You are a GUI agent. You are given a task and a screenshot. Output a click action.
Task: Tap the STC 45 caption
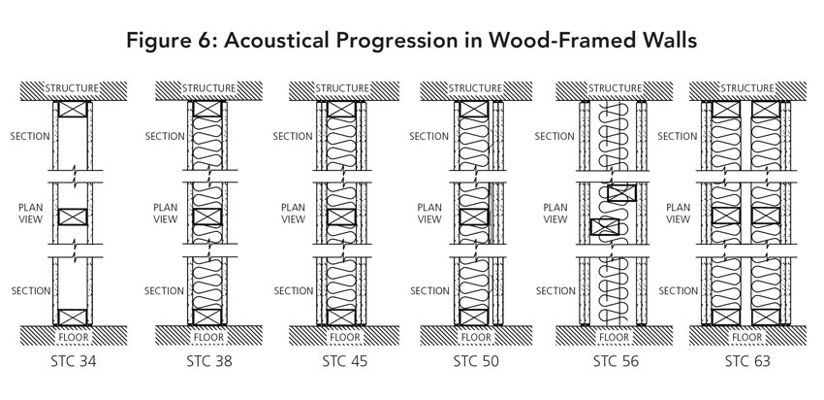tap(345, 364)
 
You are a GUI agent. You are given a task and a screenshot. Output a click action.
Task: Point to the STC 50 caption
tap(477, 364)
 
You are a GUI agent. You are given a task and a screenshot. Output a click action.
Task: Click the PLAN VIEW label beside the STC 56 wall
tap(555, 213)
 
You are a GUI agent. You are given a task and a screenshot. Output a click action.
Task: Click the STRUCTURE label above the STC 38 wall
tap(208, 88)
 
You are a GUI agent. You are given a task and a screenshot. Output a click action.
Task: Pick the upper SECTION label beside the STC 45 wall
tap(294, 137)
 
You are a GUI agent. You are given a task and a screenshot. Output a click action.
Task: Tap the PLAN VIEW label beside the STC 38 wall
tap(165, 213)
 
